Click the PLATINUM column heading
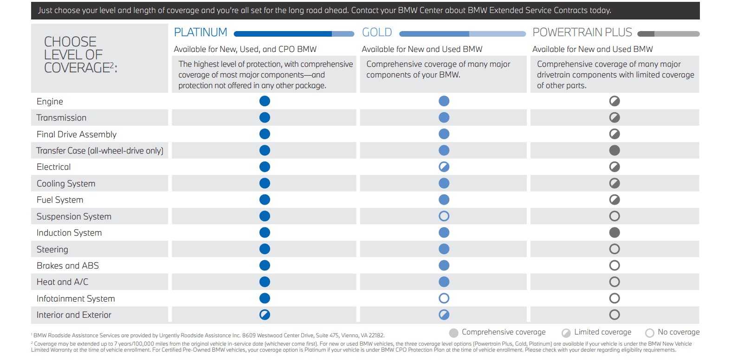pos(201,32)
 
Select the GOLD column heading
pos(377,32)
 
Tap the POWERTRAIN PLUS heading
pos(582,32)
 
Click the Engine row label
pos(50,102)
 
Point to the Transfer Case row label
pos(99,151)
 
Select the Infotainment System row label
pos(76,298)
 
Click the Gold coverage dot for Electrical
pos(444,167)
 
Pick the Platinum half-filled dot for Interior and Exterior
pos(265,315)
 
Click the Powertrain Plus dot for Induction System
pos(615,232)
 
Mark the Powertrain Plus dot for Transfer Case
pos(615,150)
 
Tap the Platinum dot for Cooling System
pos(265,183)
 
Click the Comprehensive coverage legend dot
pos(453,333)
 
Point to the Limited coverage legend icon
pos(566,333)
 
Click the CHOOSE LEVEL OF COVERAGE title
pos(81,55)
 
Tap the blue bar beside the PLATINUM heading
pos(294,34)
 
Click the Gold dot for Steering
pos(444,249)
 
